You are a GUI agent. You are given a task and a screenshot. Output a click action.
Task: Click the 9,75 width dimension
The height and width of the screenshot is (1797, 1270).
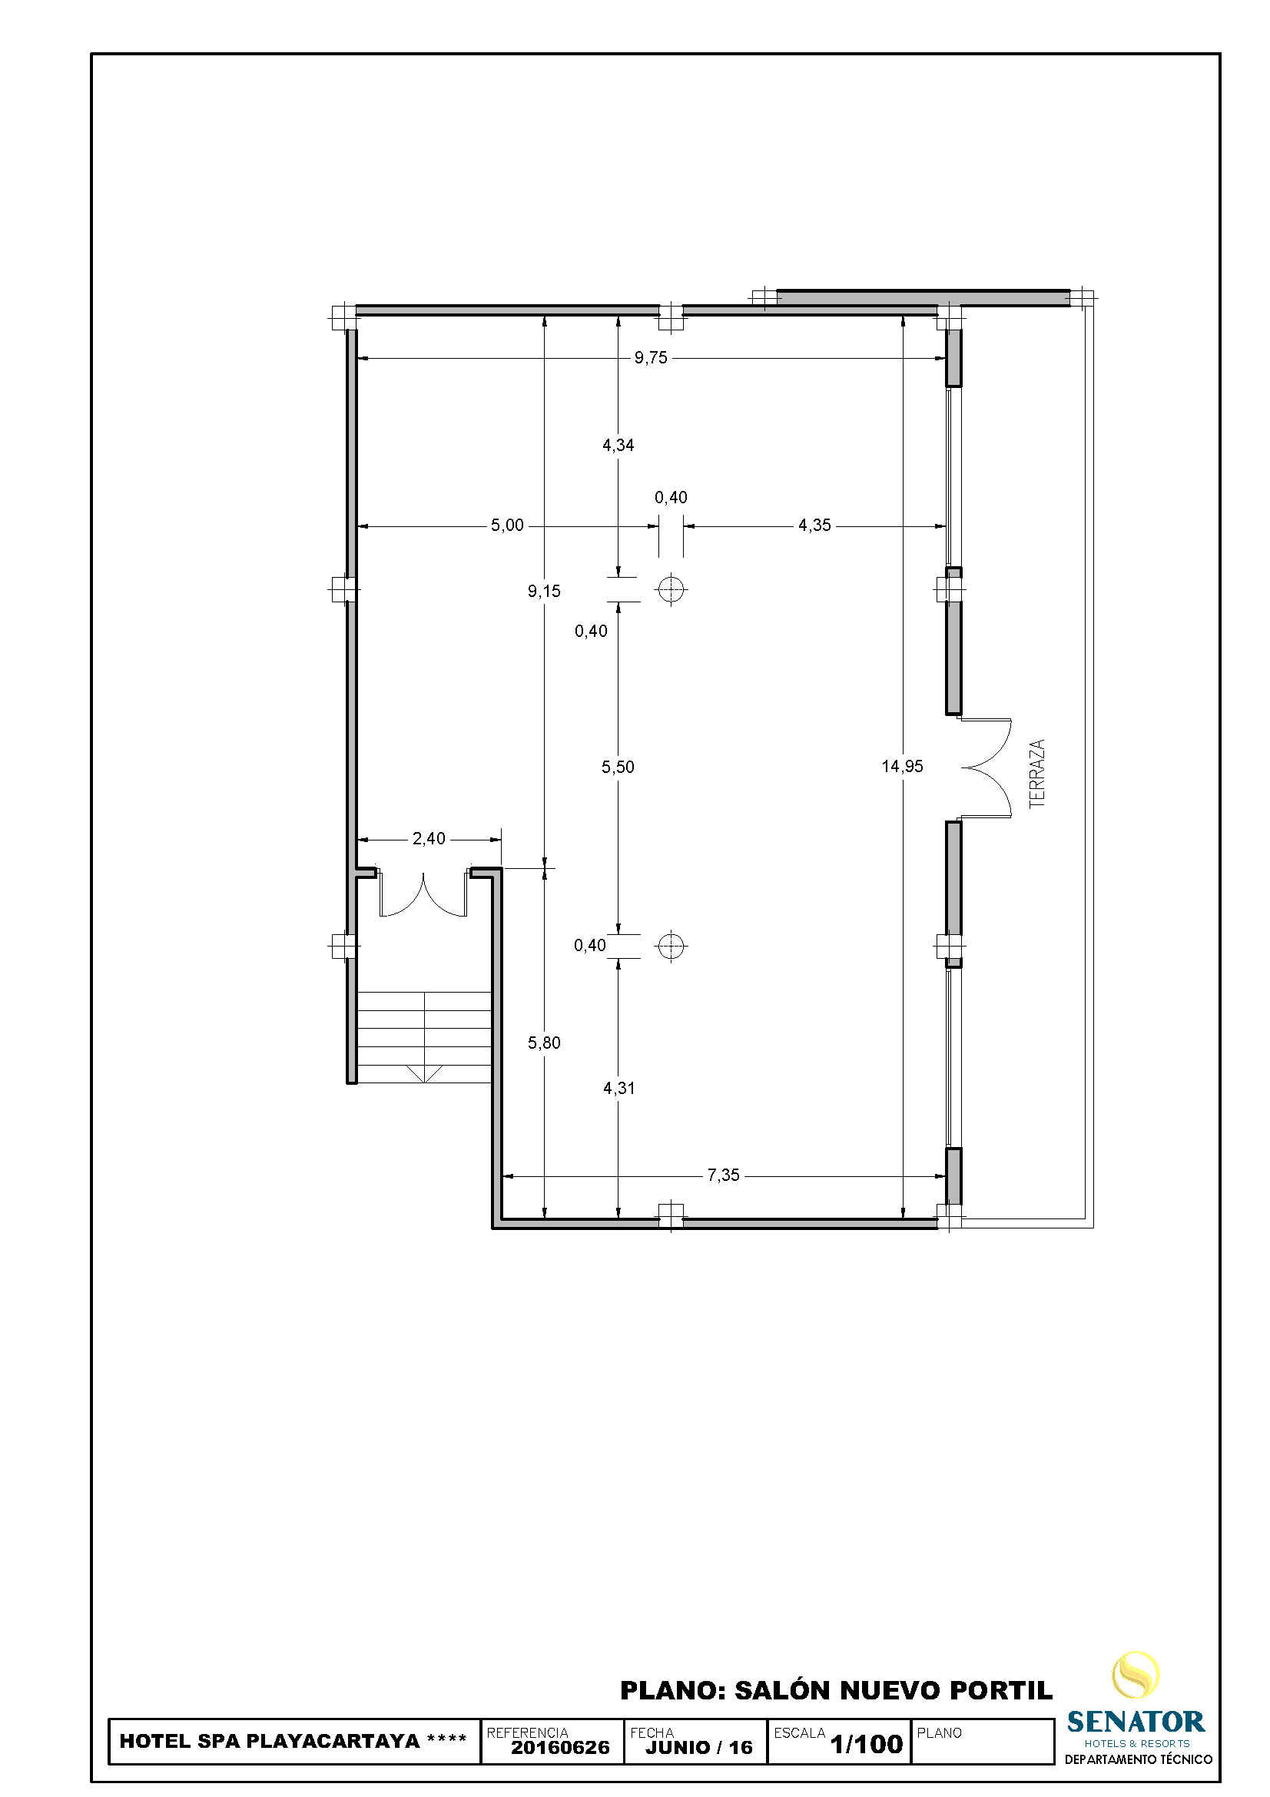(650, 358)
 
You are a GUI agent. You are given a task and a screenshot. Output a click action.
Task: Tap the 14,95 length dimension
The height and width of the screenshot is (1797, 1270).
(902, 766)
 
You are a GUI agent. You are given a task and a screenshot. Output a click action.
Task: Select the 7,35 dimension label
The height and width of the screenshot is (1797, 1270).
(723, 1175)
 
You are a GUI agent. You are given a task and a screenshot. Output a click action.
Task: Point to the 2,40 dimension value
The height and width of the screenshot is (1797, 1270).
(429, 838)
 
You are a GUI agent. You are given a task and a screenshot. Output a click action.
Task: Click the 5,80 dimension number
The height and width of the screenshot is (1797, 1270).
(544, 1043)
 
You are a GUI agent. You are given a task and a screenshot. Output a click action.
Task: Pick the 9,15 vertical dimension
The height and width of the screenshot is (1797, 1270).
(544, 591)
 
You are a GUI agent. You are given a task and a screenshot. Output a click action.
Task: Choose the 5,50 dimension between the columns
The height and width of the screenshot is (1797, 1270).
(618, 767)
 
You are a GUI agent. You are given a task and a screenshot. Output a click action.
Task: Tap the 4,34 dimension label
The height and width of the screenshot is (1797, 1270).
(618, 446)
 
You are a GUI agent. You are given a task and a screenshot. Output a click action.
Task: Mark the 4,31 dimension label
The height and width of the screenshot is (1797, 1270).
(619, 1088)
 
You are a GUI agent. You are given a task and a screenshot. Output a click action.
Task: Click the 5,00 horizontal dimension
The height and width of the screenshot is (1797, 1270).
(507, 526)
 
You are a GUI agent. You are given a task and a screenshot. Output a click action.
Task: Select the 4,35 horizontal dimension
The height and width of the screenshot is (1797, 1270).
(814, 526)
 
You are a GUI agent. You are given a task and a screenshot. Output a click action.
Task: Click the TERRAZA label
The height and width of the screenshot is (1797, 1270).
(1036, 774)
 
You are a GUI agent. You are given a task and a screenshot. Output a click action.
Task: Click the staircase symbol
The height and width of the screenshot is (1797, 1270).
(424, 1037)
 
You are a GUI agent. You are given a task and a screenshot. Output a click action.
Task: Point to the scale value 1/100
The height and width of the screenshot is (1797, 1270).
(866, 1744)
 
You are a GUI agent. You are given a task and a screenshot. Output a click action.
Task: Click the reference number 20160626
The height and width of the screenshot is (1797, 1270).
(560, 1747)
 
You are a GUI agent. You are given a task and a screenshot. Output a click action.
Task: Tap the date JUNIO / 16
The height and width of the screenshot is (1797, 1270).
(699, 1747)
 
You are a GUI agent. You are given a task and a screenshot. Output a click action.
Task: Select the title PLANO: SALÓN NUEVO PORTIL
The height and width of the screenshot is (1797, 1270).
(837, 1690)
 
